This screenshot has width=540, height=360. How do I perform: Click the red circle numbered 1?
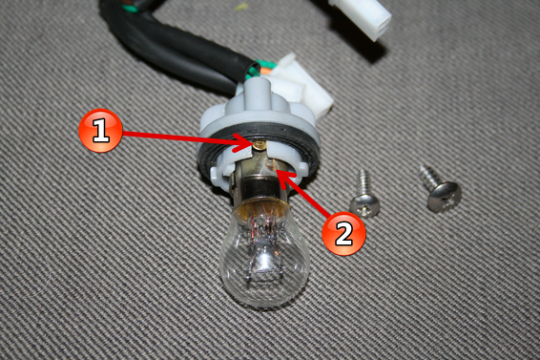(x=100, y=130)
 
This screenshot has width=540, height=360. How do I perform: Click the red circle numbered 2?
(x=343, y=233)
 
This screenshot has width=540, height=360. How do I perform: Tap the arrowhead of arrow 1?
(x=245, y=143)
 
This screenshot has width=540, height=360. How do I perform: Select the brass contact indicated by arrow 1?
(x=259, y=145)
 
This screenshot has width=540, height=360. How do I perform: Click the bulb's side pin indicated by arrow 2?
(x=271, y=165)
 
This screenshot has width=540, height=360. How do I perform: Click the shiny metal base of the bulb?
(x=262, y=187)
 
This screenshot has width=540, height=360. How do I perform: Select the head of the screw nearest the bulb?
(x=364, y=204)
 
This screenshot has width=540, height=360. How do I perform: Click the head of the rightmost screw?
(x=445, y=196)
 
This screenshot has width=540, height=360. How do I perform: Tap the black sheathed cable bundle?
(x=169, y=45)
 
